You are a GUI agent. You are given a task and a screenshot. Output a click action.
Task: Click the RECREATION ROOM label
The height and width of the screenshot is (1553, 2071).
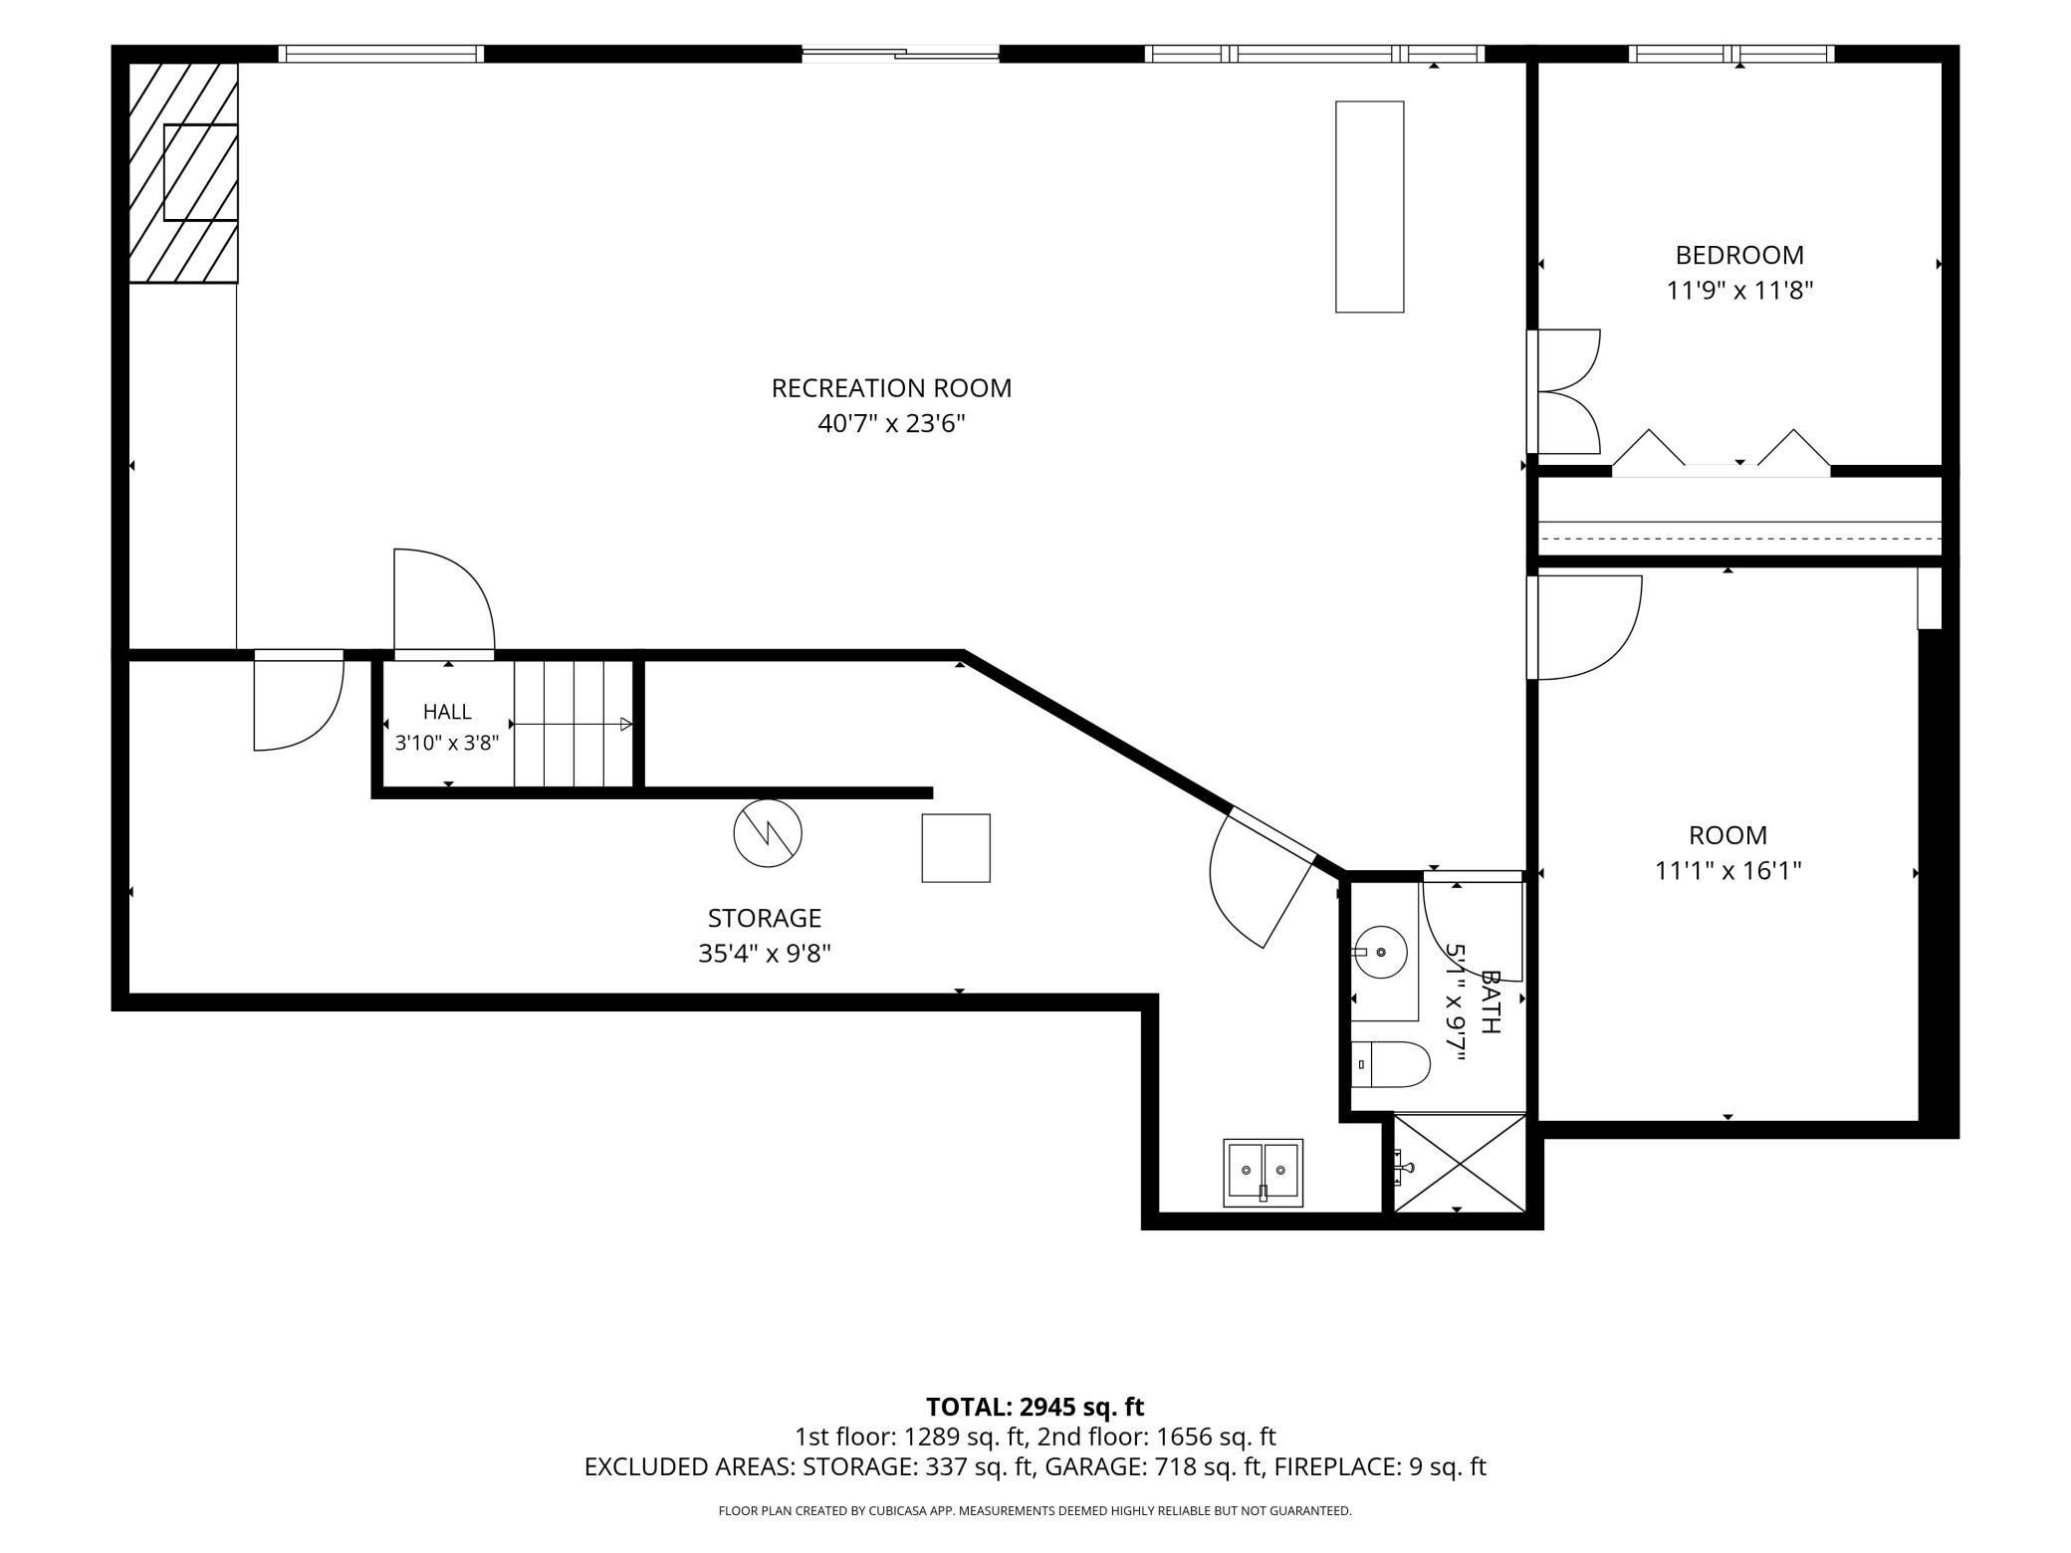(x=891, y=388)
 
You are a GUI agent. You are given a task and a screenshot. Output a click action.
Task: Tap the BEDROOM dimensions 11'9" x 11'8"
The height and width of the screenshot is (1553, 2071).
(x=1739, y=291)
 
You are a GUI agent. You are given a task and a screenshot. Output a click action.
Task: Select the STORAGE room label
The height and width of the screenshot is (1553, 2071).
(x=765, y=918)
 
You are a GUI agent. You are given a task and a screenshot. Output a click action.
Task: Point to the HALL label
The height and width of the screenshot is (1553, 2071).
(x=447, y=712)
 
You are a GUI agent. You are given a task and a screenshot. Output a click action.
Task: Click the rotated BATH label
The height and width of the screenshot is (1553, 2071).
(x=1490, y=1001)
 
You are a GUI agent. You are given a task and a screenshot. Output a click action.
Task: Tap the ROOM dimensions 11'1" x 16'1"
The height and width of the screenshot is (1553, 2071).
(x=1728, y=871)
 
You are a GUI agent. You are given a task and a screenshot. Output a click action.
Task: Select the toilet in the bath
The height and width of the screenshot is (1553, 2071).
(x=1390, y=1064)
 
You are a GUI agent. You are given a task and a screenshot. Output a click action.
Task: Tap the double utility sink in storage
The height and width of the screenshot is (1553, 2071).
(x=1263, y=1173)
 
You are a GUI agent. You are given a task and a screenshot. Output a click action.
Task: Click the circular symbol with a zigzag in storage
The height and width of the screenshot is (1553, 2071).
(x=768, y=833)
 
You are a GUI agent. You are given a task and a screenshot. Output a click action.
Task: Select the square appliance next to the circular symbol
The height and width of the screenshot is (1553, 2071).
(x=956, y=848)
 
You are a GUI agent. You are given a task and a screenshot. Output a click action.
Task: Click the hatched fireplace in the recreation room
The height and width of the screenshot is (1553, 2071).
(x=183, y=172)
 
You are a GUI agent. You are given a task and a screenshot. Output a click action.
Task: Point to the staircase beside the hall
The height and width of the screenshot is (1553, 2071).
(x=574, y=724)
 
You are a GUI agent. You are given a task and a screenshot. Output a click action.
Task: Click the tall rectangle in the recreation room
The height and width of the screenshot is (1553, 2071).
(x=1370, y=207)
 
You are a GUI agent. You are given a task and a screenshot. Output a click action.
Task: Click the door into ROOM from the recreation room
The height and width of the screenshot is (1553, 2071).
(x=1584, y=627)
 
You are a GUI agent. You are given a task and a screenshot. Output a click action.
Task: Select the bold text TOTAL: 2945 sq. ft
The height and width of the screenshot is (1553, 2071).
(x=1035, y=1407)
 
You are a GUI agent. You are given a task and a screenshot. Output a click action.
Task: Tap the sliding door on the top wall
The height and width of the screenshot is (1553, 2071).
(x=900, y=54)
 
